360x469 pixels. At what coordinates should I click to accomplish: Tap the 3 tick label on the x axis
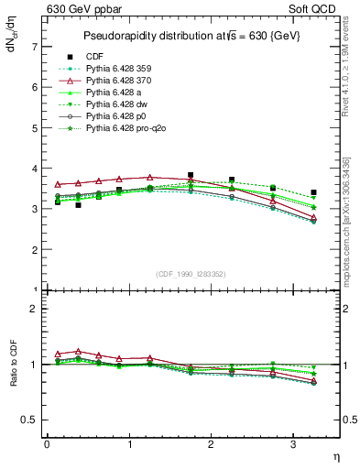click(x=293, y=444)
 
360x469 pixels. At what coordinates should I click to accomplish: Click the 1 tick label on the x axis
click(x=128, y=444)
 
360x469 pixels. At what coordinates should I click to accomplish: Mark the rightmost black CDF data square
click(x=313, y=192)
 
